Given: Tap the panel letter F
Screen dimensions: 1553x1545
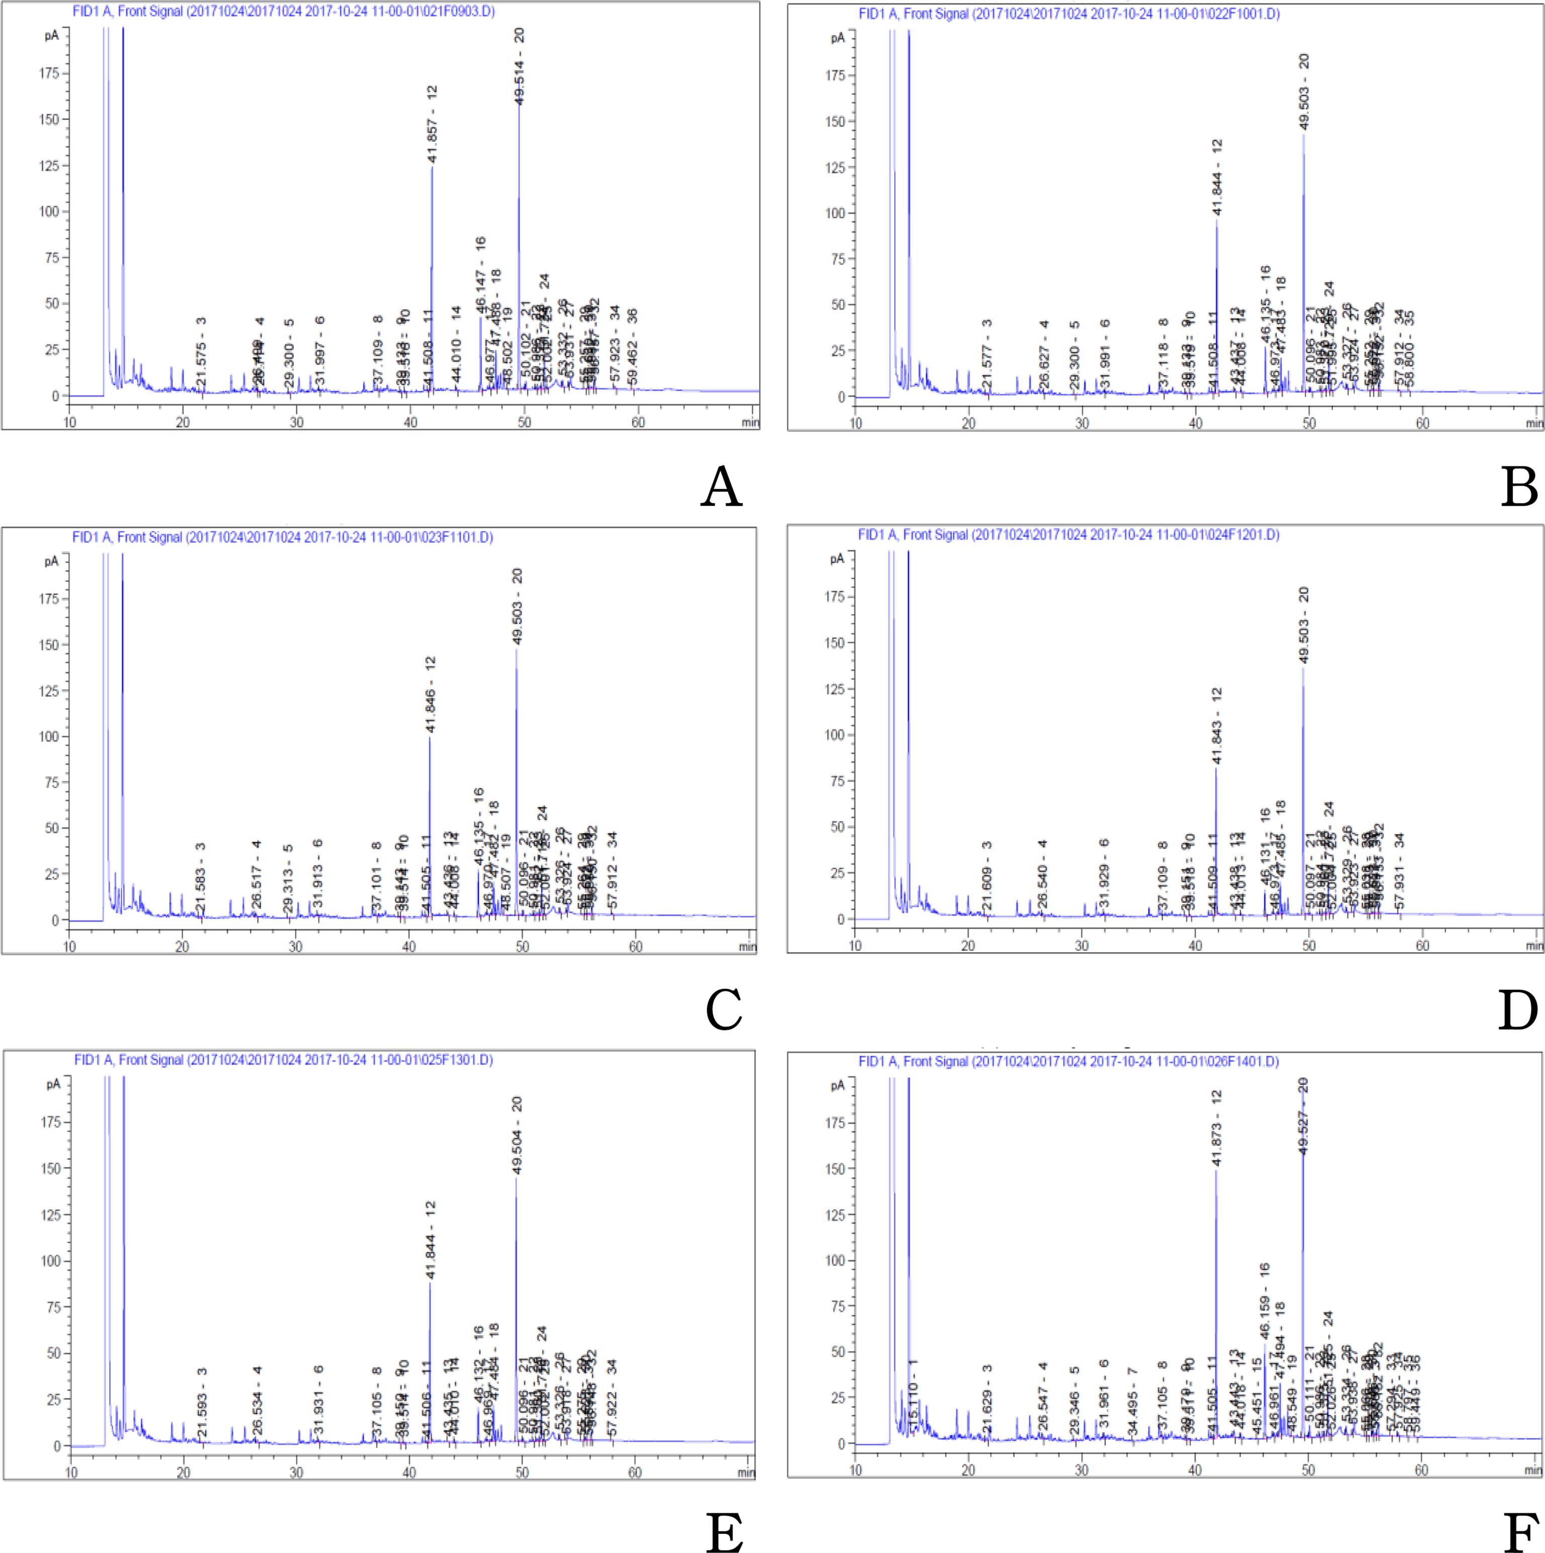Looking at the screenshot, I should [1520, 1532].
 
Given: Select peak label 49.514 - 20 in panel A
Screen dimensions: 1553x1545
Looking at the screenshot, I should [520, 66].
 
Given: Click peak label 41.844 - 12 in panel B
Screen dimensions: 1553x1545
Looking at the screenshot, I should [1217, 177].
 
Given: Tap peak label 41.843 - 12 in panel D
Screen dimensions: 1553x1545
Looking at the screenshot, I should [1216, 726].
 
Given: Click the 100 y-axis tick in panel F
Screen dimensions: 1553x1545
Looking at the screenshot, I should [834, 1260].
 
